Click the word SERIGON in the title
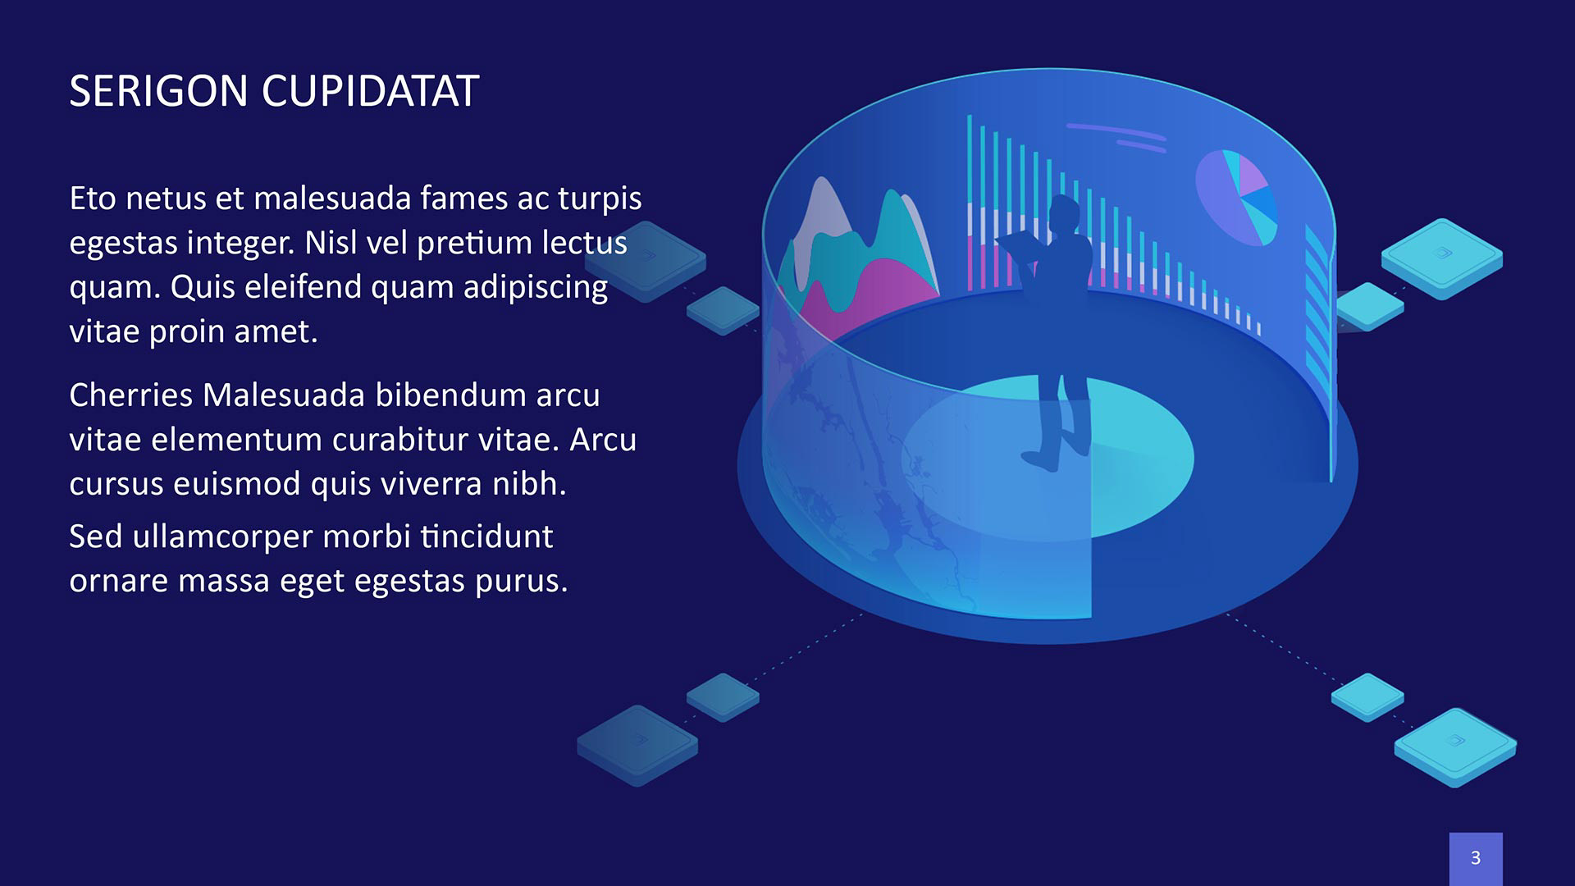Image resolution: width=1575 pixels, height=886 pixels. click(x=158, y=91)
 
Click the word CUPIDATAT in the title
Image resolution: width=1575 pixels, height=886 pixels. click(x=370, y=91)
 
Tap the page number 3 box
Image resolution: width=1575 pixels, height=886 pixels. click(x=1476, y=858)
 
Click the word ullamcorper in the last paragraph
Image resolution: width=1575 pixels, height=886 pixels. click(x=223, y=538)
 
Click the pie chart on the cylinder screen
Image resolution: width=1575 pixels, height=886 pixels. click(x=1236, y=197)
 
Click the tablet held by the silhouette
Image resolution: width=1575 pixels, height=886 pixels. click(x=1020, y=246)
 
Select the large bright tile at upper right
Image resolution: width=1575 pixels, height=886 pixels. click(x=1442, y=258)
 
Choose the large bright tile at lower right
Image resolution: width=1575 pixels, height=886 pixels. click(x=1455, y=747)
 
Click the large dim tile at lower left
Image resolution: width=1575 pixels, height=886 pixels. click(x=637, y=745)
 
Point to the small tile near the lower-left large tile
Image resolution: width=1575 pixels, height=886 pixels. click(x=723, y=697)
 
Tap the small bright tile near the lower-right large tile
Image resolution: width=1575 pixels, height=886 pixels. click(x=1367, y=697)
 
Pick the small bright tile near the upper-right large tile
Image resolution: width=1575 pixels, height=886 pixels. click(x=1369, y=307)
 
